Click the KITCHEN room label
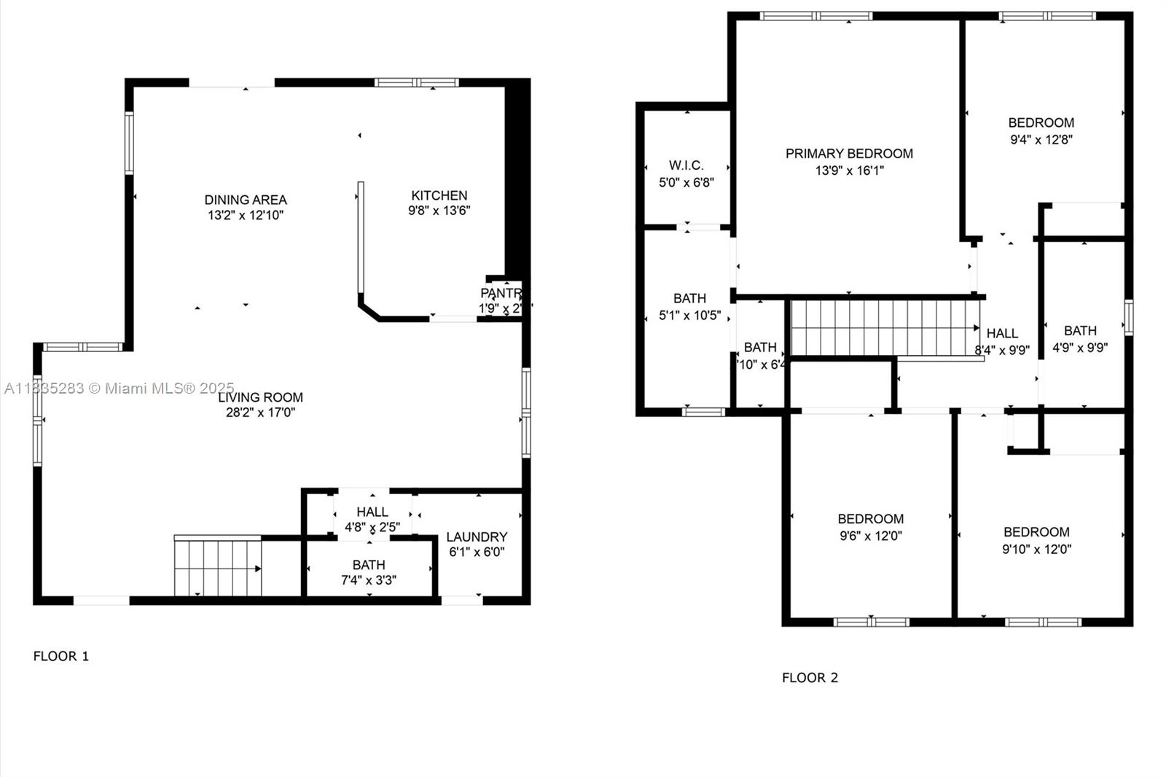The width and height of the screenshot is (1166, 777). pyautogui.click(x=439, y=195)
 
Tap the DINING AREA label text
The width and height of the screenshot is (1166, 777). pyautogui.click(x=246, y=200)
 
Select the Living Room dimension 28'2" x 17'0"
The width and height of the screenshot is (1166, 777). pyautogui.click(x=260, y=413)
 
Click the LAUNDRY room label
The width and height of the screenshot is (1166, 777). pyautogui.click(x=477, y=537)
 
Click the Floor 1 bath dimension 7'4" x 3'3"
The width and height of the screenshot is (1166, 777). pyautogui.click(x=369, y=580)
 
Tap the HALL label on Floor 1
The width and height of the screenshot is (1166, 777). pyautogui.click(x=372, y=512)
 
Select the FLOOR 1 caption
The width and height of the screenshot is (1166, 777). pyautogui.click(x=61, y=656)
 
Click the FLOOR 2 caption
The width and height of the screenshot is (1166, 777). pyautogui.click(x=810, y=678)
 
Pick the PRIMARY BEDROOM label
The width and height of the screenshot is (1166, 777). pyautogui.click(x=849, y=154)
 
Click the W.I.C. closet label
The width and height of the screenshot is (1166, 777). pyautogui.click(x=686, y=165)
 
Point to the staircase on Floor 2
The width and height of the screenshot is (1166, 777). pyautogui.click(x=883, y=328)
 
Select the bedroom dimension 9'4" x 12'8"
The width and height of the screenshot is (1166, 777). pyautogui.click(x=1041, y=140)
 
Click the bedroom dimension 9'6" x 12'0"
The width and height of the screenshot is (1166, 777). pyautogui.click(x=870, y=536)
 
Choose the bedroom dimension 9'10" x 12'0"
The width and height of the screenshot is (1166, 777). pyautogui.click(x=1036, y=550)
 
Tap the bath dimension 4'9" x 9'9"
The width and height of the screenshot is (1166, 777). pyautogui.click(x=1080, y=348)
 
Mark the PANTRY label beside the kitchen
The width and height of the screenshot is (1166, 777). pyautogui.click(x=501, y=294)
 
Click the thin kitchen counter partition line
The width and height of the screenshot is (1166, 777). pyautogui.click(x=360, y=241)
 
